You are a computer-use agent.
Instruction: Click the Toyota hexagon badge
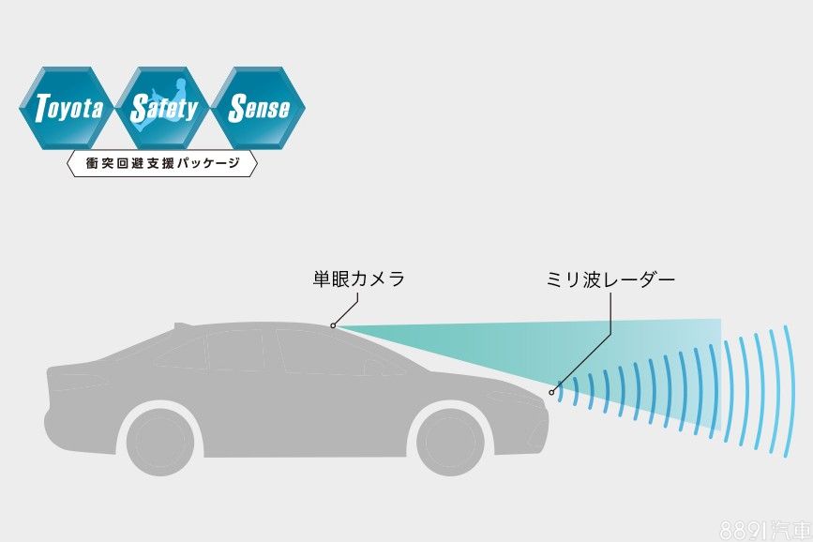[x=68, y=109]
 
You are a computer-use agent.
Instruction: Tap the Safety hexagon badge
[x=164, y=109]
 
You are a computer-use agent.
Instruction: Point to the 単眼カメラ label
[x=358, y=279]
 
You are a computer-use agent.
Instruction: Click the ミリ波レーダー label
[x=610, y=279]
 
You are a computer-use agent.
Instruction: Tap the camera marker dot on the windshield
[x=333, y=325]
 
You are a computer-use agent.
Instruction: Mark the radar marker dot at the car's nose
[x=552, y=392]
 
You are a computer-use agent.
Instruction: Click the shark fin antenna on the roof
[x=181, y=324]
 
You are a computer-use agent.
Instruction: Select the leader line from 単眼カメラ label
[x=347, y=309]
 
